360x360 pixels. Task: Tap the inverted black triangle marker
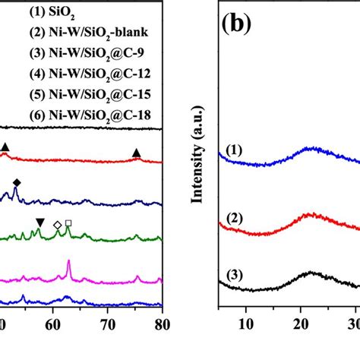tap(39, 221)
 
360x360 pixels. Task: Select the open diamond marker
tap(57, 225)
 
